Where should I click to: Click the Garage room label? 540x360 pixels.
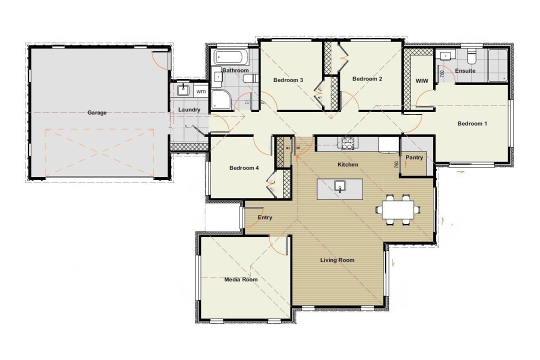click(x=97, y=113)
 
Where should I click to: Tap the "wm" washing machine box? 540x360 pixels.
click(x=200, y=91)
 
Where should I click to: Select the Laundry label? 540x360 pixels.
click(x=189, y=110)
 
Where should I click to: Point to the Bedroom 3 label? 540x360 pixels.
click(x=288, y=80)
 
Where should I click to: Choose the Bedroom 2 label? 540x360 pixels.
click(x=367, y=78)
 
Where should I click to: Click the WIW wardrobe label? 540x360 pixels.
click(x=421, y=80)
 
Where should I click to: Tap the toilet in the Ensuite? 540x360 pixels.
click(x=470, y=57)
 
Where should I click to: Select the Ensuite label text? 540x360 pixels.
click(x=465, y=71)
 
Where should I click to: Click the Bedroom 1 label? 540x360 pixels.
click(x=472, y=123)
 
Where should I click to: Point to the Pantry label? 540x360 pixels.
click(x=414, y=157)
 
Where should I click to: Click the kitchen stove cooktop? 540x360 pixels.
click(x=347, y=143)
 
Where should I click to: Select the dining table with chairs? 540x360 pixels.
click(x=398, y=209)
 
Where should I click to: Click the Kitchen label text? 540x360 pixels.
click(x=348, y=164)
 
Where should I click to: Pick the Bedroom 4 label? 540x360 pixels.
click(x=244, y=168)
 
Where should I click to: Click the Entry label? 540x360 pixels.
click(x=265, y=217)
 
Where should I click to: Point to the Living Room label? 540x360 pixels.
click(x=337, y=260)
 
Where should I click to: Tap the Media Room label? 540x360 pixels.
click(x=241, y=279)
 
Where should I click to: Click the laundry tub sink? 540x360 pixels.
click(x=183, y=90)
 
